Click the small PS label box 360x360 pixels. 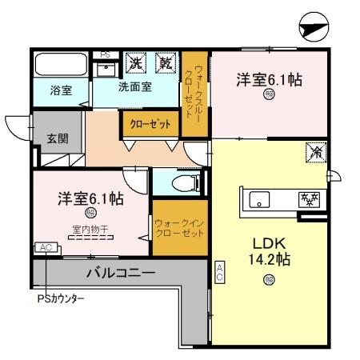tap(105, 54)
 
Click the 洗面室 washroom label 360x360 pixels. tap(135, 86)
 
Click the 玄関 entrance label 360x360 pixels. tap(57, 138)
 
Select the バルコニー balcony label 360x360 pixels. tap(120, 272)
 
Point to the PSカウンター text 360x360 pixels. tap(61, 299)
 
